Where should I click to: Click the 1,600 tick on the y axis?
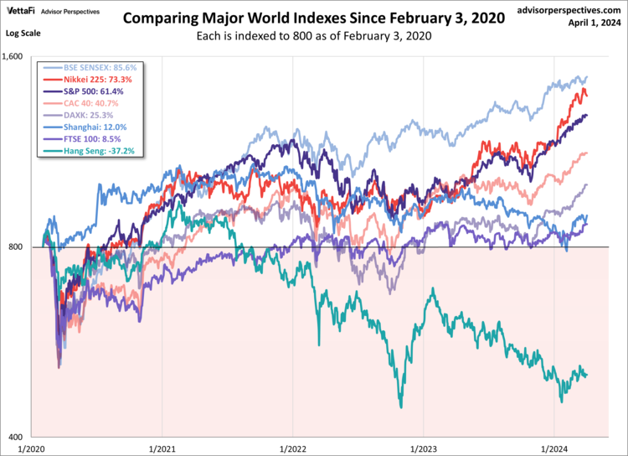17,57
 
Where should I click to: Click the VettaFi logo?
22,11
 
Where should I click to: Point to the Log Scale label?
22,33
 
